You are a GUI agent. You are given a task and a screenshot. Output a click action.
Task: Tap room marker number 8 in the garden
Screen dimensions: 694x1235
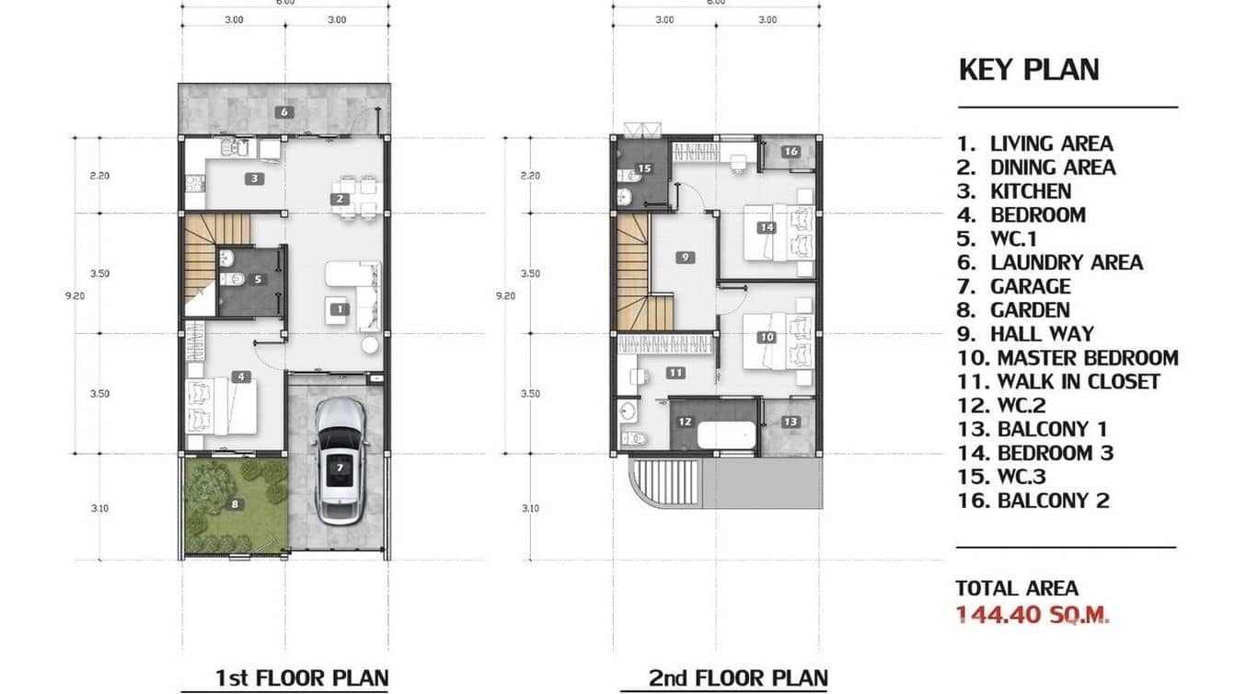coord(235,503)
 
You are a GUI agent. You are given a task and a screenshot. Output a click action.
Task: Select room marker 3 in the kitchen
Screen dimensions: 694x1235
coord(254,179)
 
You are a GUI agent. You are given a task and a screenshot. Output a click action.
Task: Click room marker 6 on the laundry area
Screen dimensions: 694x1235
coord(284,112)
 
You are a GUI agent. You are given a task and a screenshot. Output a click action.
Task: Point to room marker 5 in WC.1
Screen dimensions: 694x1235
coord(258,279)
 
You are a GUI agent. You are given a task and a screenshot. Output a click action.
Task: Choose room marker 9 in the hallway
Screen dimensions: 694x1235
coord(685,258)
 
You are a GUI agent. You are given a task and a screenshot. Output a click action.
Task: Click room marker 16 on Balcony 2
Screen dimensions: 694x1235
coord(791,152)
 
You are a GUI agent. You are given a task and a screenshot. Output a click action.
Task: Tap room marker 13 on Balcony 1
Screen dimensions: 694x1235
coord(791,422)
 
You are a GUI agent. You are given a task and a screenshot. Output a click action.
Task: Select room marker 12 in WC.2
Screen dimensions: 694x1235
coord(685,422)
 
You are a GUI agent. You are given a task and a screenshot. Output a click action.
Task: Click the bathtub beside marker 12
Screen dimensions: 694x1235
coord(726,434)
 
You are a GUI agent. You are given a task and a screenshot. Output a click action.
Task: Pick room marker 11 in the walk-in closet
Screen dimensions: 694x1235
coord(675,373)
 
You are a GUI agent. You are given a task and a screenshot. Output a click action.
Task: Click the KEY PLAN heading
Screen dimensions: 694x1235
coord(1028,70)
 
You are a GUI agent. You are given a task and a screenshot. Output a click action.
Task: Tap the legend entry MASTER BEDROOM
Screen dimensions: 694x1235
coord(1087,358)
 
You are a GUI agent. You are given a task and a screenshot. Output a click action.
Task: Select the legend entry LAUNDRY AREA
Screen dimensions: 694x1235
coord(1066,263)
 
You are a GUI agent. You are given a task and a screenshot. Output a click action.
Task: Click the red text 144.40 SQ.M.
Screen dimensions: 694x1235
coord(1032,615)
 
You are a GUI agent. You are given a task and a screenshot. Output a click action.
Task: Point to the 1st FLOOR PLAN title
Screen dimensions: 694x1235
coord(301,678)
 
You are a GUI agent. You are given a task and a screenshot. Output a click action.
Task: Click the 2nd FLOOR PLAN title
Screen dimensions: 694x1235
coord(737,678)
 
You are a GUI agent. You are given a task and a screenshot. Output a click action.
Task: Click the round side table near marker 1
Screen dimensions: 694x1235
coord(370,345)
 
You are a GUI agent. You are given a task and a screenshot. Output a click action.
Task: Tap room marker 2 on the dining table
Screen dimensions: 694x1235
coord(340,199)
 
